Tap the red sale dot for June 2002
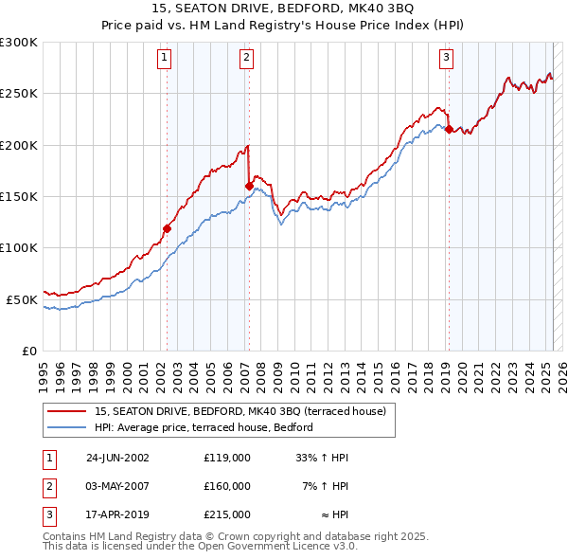168,227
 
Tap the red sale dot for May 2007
249,186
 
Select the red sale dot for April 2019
449,130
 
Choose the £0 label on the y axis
29,351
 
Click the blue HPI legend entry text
208,428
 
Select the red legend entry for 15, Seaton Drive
240,412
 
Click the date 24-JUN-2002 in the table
117,458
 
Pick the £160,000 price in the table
227,486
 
